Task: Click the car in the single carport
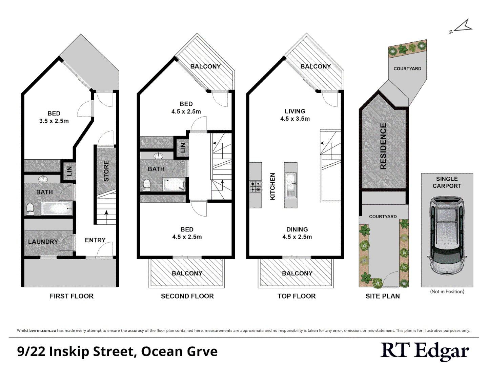[447, 235]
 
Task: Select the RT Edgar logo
[425, 351]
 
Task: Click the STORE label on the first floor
[106, 171]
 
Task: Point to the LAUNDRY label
[43, 242]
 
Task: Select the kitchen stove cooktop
[256, 187]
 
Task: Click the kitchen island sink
[290, 183]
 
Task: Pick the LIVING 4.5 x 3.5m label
[295, 115]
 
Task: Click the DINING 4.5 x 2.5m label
[297, 233]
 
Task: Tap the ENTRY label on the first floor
[95, 240]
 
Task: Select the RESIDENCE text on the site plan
[383, 146]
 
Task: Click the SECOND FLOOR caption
[187, 296]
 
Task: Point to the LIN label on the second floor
[183, 148]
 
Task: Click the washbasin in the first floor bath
[43, 179]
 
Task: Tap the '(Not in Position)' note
[447, 291]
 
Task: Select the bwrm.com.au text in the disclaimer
[43, 330]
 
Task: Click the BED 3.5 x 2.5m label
[54, 117]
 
